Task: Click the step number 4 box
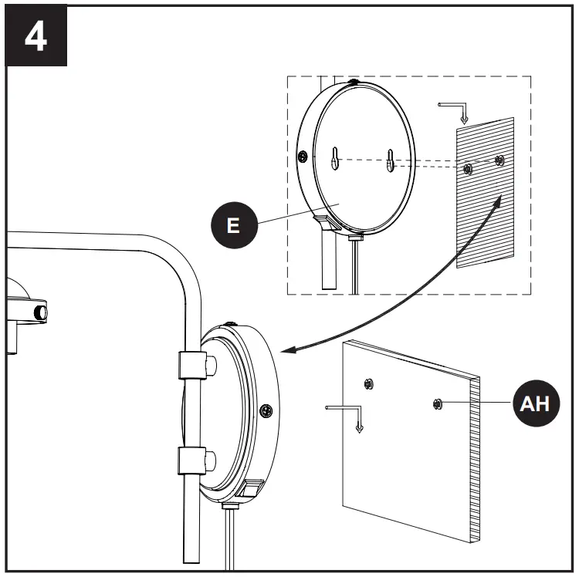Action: (x=36, y=37)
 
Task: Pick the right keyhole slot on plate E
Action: (x=391, y=160)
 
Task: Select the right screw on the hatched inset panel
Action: (x=499, y=160)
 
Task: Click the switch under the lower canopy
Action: (x=252, y=489)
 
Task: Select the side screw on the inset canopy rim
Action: (x=303, y=157)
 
